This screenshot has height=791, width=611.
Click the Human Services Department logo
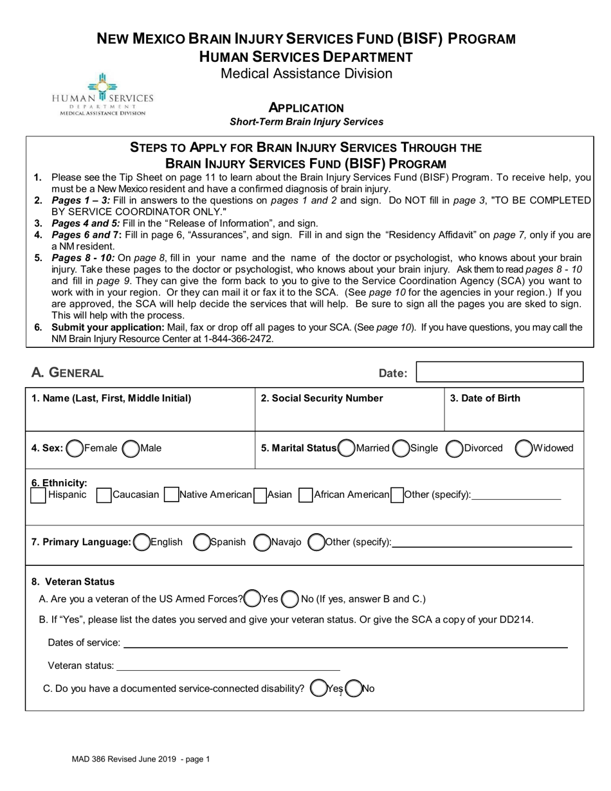(x=103, y=94)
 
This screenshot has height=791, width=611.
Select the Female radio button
(x=75, y=448)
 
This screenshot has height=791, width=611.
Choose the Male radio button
(x=131, y=448)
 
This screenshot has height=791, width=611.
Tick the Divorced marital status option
(x=455, y=448)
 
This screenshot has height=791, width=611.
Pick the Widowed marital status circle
(x=524, y=448)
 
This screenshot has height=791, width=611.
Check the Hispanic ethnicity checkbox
(x=39, y=495)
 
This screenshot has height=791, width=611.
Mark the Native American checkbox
(x=171, y=495)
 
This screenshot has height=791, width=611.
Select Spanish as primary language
(x=202, y=543)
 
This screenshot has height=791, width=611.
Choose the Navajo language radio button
(x=262, y=543)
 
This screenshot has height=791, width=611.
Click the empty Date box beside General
(x=500, y=372)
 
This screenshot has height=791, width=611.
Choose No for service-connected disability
(x=353, y=689)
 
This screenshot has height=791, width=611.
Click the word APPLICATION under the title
(x=306, y=108)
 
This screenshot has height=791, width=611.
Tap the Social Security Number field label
(x=322, y=398)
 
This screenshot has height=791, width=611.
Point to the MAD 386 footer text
(x=141, y=759)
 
